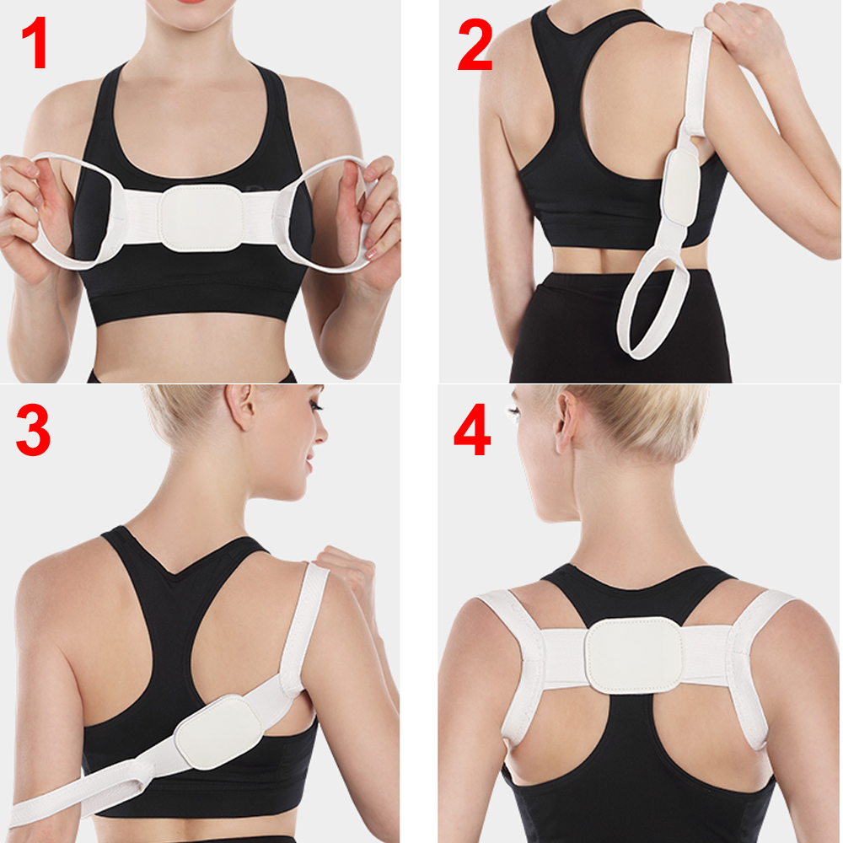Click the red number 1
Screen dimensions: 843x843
[x=35, y=42]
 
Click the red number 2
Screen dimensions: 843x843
[x=475, y=45]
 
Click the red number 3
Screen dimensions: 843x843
[x=34, y=430]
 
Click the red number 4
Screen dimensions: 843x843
[x=473, y=430]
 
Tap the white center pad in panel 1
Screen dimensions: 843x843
[x=201, y=218]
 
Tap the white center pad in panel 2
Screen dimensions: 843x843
[x=679, y=186]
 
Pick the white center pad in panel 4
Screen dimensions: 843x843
[x=635, y=655]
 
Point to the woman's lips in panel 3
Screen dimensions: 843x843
[x=309, y=463]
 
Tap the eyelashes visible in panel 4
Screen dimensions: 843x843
[x=513, y=414]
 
